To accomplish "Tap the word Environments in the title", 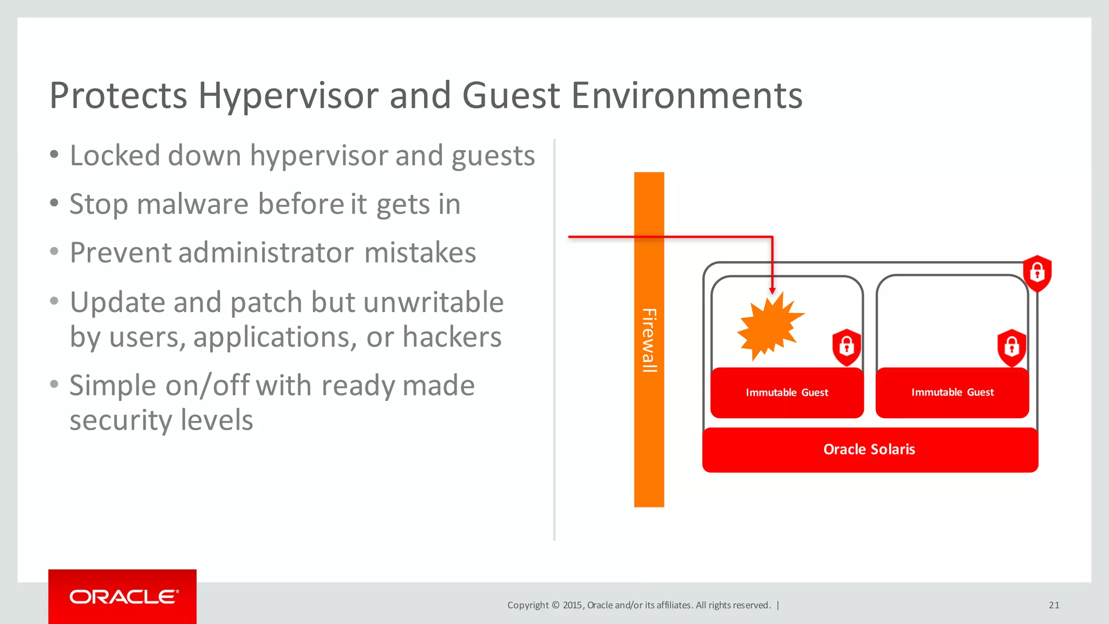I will (x=687, y=95).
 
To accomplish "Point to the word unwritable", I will (x=433, y=302).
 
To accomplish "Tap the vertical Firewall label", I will (x=649, y=340).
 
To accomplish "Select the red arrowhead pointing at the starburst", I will (x=772, y=291).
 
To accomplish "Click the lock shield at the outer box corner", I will (x=1037, y=273).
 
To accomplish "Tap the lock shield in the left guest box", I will (x=846, y=347).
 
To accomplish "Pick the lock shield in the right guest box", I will (x=1012, y=347).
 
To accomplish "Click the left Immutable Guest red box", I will (x=787, y=393).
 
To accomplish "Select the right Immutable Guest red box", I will (x=952, y=393).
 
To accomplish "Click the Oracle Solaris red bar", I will (x=870, y=450).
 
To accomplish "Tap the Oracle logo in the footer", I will (x=123, y=597).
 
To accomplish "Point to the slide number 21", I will (x=1054, y=605).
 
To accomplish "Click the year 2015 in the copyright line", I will (x=572, y=605).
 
